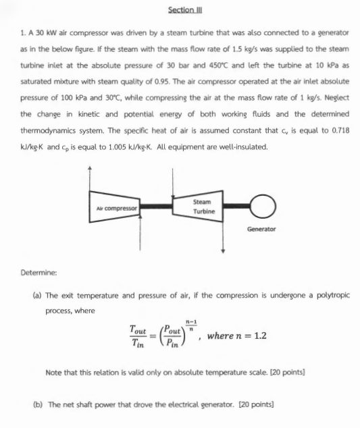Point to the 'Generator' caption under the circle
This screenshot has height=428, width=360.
pyautogui.click(x=261, y=229)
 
